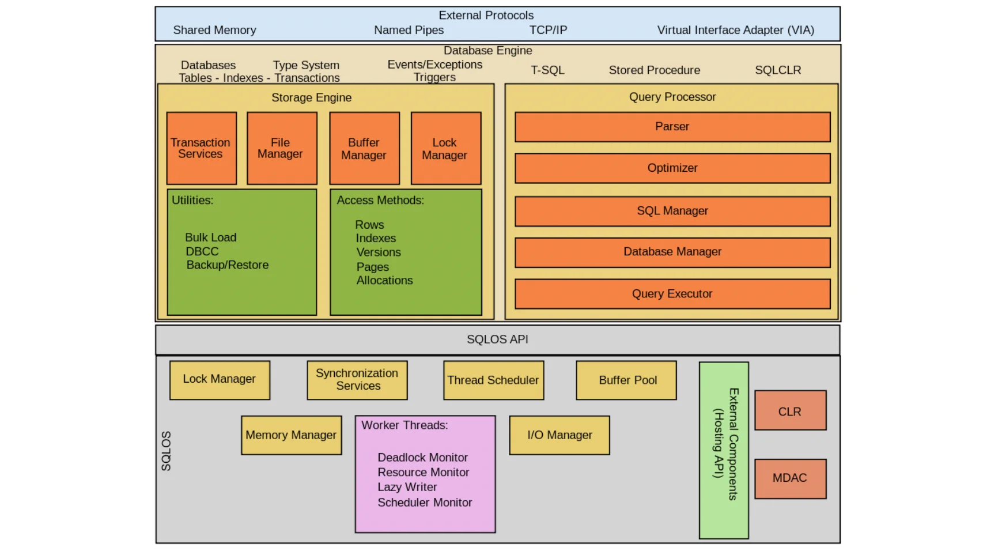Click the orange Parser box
pyautogui.click(x=672, y=127)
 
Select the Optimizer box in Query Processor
pyautogui.click(x=672, y=168)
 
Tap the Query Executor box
pyautogui.click(x=672, y=294)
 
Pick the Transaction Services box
pyautogui.click(x=201, y=148)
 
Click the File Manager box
pyautogui.click(x=281, y=148)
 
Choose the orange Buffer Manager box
pyautogui.click(x=364, y=148)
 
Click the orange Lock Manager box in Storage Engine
pyautogui.click(x=445, y=148)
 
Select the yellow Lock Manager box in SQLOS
pyautogui.click(x=220, y=380)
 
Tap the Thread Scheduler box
pyautogui.click(x=493, y=380)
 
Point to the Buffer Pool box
pyautogui.click(x=626, y=380)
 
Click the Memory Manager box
pyautogui.click(x=291, y=435)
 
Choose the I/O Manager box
pyautogui.click(x=559, y=435)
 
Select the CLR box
pyautogui.click(x=790, y=410)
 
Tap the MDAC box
pyautogui.click(x=790, y=478)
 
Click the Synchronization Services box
pyautogui.click(x=357, y=380)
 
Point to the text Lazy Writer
pyautogui.click(x=407, y=487)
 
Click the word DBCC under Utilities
pyautogui.click(x=202, y=251)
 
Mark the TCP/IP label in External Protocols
pyautogui.click(x=548, y=30)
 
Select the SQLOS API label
pyautogui.click(x=497, y=339)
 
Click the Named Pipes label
pyautogui.click(x=409, y=30)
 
